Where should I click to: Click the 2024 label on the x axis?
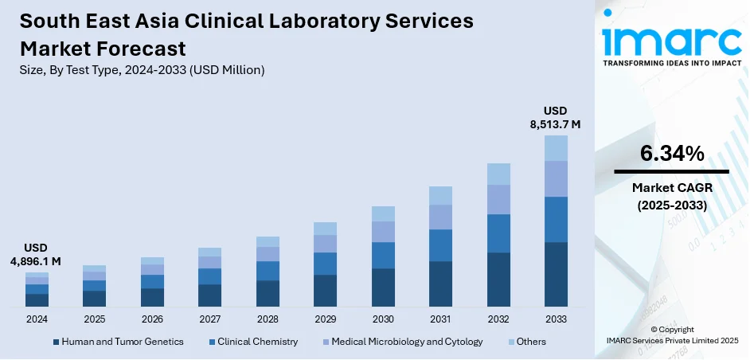37,319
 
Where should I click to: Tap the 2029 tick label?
325,319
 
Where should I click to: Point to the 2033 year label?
556,319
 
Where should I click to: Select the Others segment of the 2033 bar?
556,148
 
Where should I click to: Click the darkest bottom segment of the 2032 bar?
498,280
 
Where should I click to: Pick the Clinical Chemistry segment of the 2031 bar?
440,245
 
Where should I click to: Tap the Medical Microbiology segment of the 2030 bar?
383,232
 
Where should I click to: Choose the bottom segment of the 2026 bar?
152,297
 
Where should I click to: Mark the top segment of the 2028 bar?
268,241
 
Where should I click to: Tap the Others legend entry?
530,342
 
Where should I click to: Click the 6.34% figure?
671,154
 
